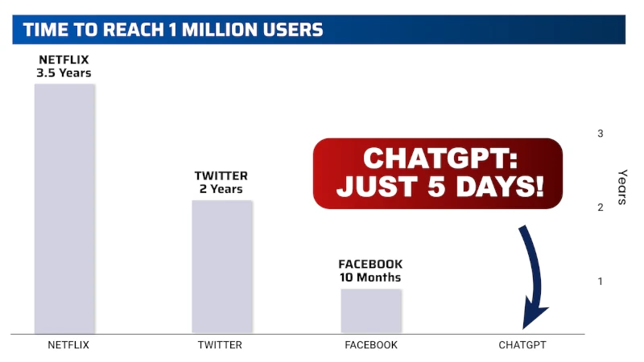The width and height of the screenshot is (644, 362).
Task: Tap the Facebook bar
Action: tap(370, 310)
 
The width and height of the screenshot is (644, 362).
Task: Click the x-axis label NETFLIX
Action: tap(68, 345)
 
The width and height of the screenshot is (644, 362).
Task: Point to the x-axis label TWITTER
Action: tap(220, 345)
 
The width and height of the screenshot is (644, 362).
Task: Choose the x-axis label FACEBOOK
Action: tap(371, 345)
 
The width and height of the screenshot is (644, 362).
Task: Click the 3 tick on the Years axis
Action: tap(601, 134)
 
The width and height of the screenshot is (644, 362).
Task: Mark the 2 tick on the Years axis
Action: tap(601, 208)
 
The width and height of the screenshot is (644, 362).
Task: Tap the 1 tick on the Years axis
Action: tap(601, 281)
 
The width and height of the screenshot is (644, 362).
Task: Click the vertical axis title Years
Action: tap(622, 187)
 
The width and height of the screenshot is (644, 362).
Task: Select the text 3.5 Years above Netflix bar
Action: tap(64, 73)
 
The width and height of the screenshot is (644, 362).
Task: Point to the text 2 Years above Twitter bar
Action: tap(221, 189)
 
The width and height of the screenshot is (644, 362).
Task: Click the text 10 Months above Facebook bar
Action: tap(370, 278)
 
